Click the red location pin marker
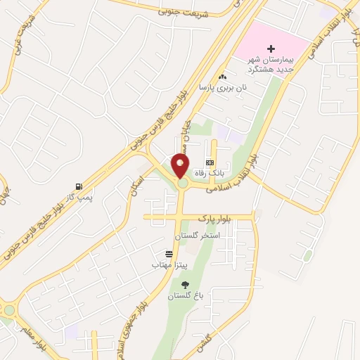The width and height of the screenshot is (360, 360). [x=181, y=166]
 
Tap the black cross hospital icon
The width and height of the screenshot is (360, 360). [x=271, y=49]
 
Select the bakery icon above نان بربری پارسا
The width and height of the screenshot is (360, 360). [x=223, y=77]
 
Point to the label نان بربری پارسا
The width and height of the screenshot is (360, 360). [x=215, y=88]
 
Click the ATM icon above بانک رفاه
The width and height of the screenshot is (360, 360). [x=209, y=162]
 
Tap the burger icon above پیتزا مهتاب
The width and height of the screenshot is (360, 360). [x=169, y=254]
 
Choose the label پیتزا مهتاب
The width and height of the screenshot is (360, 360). [x=169, y=264]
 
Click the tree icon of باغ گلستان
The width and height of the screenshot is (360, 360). [x=185, y=285]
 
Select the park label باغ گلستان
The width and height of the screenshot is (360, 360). [x=184, y=296]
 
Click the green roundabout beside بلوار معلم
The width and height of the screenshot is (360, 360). [x=8, y=310]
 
